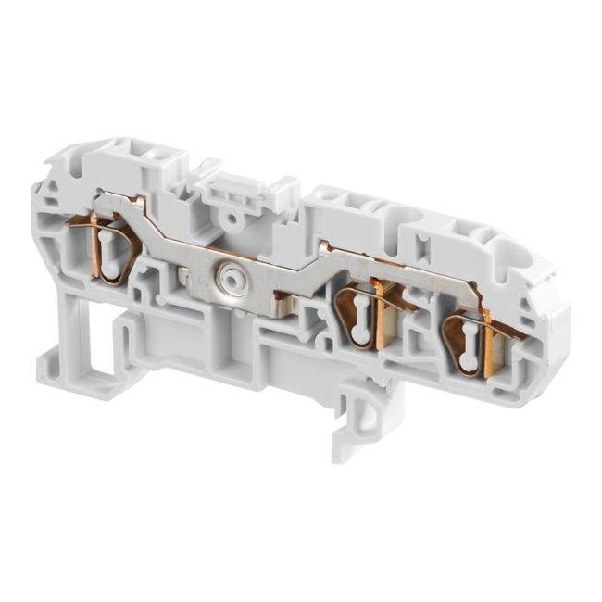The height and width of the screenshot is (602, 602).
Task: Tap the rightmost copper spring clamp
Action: [x=468, y=338]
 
